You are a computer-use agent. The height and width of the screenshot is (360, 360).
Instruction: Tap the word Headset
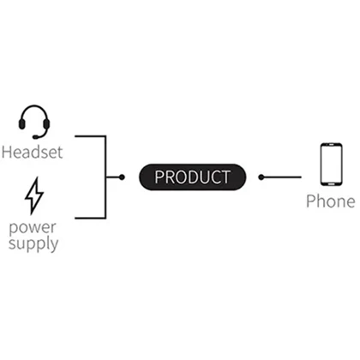click(32, 152)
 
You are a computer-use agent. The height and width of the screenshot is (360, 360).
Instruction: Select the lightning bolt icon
click(34, 196)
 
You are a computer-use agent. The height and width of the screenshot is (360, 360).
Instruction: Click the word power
click(33, 228)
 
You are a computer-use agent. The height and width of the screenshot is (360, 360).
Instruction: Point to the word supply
click(33, 243)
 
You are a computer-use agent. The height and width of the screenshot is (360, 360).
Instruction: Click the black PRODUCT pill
click(192, 177)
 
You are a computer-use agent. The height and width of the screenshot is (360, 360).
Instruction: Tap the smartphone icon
click(331, 165)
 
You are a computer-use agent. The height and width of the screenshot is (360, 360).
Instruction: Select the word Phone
click(331, 201)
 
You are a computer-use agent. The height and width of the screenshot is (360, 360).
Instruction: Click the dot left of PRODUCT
click(122, 177)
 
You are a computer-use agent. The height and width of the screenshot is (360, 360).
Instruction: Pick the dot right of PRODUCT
click(261, 177)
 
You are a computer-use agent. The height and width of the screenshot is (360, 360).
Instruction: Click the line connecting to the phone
click(281, 177)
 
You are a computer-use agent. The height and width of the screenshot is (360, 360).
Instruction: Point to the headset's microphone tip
click(35, 137)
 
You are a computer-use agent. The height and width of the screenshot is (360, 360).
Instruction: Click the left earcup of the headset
click(21, 124)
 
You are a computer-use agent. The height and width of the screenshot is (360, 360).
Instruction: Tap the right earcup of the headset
click(46, 124)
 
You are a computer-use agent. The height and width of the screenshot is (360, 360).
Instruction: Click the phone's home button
click(331, 184)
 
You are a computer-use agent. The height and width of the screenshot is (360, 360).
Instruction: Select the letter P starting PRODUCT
click(159, 177)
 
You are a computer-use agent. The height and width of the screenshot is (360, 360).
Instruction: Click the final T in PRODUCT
click(225, 177)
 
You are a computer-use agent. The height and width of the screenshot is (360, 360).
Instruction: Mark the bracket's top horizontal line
click(90, 136)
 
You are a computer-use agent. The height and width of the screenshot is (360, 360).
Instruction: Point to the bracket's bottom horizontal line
click(90, 219)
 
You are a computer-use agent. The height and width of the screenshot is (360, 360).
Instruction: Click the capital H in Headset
click(7, 153)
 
